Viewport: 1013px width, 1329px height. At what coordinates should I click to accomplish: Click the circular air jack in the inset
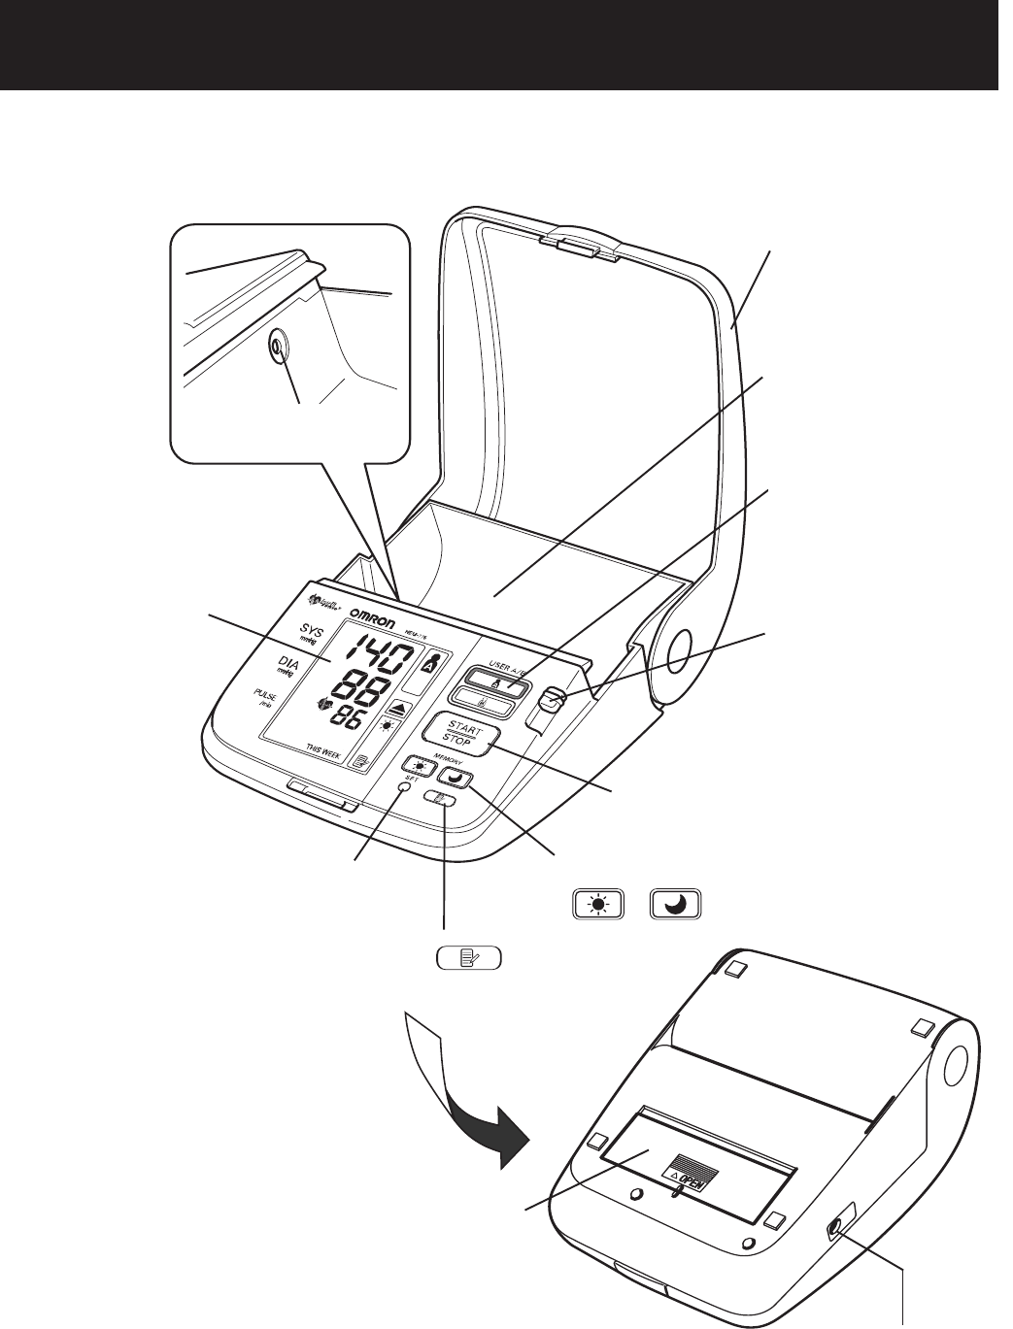tap(278, 346)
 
